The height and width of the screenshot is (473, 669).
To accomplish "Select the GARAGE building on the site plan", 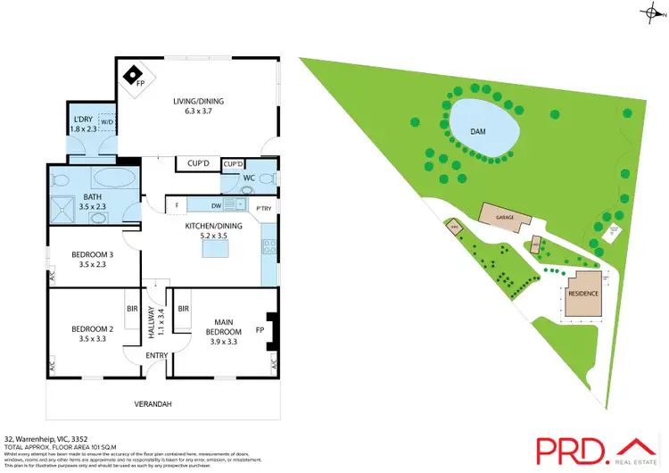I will (x=505, y=217).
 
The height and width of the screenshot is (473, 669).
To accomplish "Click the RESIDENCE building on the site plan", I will (x=583, y=293).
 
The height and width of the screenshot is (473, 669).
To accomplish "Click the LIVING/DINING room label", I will (x=198, y=106).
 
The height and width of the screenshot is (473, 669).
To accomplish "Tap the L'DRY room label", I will (x=83, y=124).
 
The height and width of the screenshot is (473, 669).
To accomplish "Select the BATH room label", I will (x=93, y=202).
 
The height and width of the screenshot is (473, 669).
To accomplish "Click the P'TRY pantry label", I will (x=264, y=209).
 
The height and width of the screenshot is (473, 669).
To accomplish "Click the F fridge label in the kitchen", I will (x=178, y=206).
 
